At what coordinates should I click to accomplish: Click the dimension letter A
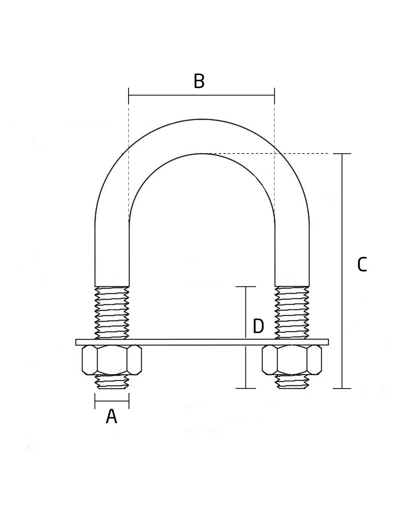click(x=111, y=417)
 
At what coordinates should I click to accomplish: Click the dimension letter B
click(x=199, y=81)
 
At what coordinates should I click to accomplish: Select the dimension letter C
click(x=362, y=264)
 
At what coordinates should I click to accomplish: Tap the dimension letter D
click(x=258, y=327)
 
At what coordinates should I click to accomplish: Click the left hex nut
click(x=112, y=360)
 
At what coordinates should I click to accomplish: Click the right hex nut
click(x=292, y=360)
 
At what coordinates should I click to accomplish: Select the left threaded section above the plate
click(x=112, y=313)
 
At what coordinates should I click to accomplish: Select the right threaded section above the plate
click(x=292, y=313)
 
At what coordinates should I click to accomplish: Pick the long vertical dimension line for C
click(x=342, y=270)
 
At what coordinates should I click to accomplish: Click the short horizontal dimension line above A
click(x=112, y=401)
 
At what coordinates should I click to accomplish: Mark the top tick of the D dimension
click(x=246, y=287)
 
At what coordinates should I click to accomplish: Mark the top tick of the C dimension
click(x=342, y=154)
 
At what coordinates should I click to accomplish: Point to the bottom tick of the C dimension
click(x=342, y=388)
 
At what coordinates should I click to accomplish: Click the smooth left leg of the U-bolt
click(x=112, y=255)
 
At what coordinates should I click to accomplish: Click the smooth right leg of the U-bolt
click(x=292, y=255)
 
